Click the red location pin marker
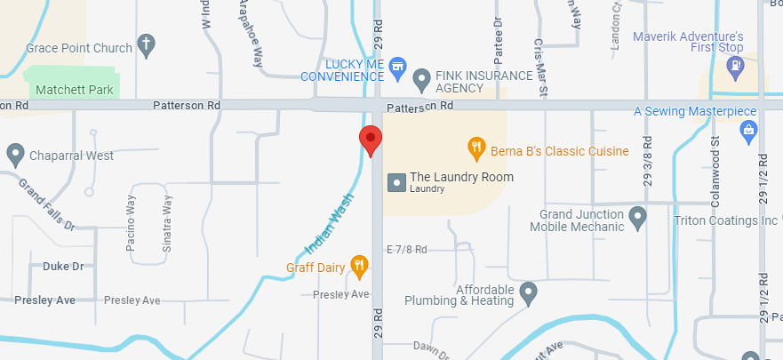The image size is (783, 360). tap(371, 140)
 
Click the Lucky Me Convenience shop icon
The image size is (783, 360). tap(398, 65)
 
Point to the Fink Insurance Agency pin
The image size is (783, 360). tap(423, 77)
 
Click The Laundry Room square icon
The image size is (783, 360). tap(396, 182)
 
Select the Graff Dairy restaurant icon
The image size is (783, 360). tap(359, 264)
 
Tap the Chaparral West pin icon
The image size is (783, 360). tap(15, 156)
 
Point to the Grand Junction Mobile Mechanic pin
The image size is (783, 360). tap(637, 215)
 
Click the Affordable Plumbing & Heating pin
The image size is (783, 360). tap(529, 291)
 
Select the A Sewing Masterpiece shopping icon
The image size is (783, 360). tap(748, 131)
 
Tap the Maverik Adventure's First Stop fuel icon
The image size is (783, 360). tap(735, 65)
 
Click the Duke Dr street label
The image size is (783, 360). tap(63, 266)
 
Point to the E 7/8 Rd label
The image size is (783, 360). tap(407, 250)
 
